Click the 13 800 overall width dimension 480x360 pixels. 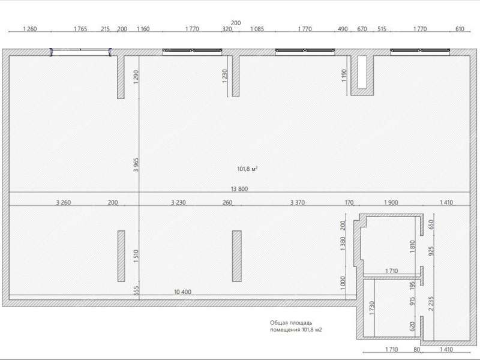pos(239,189)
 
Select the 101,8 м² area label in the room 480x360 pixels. pos(247,169)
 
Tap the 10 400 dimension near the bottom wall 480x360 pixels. pos(182,292)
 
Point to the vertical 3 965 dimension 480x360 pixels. pos(136,164)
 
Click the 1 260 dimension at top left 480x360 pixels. pos(30,29)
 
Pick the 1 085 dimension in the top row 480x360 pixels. pos(257,29)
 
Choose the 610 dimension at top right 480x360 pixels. pos(460,29)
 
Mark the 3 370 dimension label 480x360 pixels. pos(297,202)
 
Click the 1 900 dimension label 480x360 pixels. pos(391,202)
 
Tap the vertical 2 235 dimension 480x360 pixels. pos(431,304)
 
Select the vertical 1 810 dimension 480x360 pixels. pos(412,247)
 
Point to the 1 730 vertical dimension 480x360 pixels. pos(372,308)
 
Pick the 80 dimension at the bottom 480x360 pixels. pos(416,349)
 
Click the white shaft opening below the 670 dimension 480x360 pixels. pos(362,72)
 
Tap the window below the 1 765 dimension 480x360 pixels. pos(81,52)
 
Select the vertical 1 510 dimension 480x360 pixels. pos(136,256)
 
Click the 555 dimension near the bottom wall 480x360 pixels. pos(137,290)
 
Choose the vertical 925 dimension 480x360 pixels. pos(431,251)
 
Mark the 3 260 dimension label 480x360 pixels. pos(64,202)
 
